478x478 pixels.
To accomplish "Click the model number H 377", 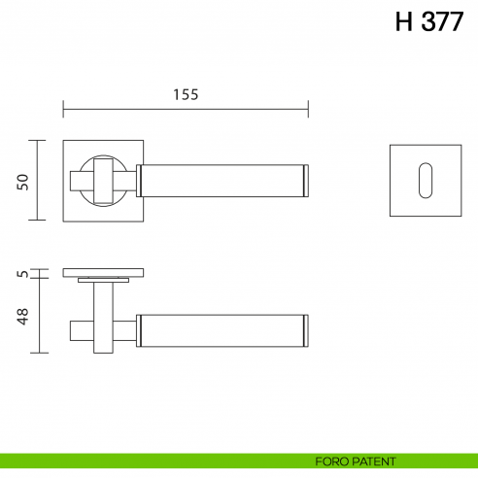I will (428, 22).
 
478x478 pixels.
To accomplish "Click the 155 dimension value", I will (186, 94).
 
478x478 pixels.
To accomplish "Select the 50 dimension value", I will (24, 181).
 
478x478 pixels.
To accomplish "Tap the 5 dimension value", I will (24, 275).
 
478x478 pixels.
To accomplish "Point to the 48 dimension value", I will (24, 315).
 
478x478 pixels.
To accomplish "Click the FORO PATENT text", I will (355, 461).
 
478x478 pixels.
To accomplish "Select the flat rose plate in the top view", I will (104, 272).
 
